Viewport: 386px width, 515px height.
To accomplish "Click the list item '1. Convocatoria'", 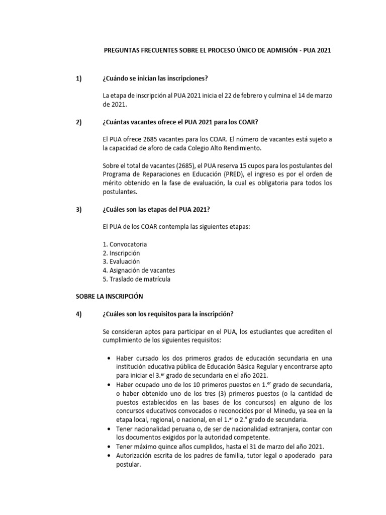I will pyautogui.click(x=125, y=244).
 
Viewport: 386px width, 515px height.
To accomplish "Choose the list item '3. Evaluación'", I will pyautogui.click(x=121, y=262).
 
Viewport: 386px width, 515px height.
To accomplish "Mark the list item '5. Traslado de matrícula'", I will pyautogui.click(x=132, y=279).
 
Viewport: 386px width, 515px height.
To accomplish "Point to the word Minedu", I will pyautogui.click(x=266, y=410).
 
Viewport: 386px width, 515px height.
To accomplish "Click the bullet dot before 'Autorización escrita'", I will pyautogui.click(x=110, y=456).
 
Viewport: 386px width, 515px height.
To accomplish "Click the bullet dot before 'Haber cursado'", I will pyautogui.click(x=110, y=358).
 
